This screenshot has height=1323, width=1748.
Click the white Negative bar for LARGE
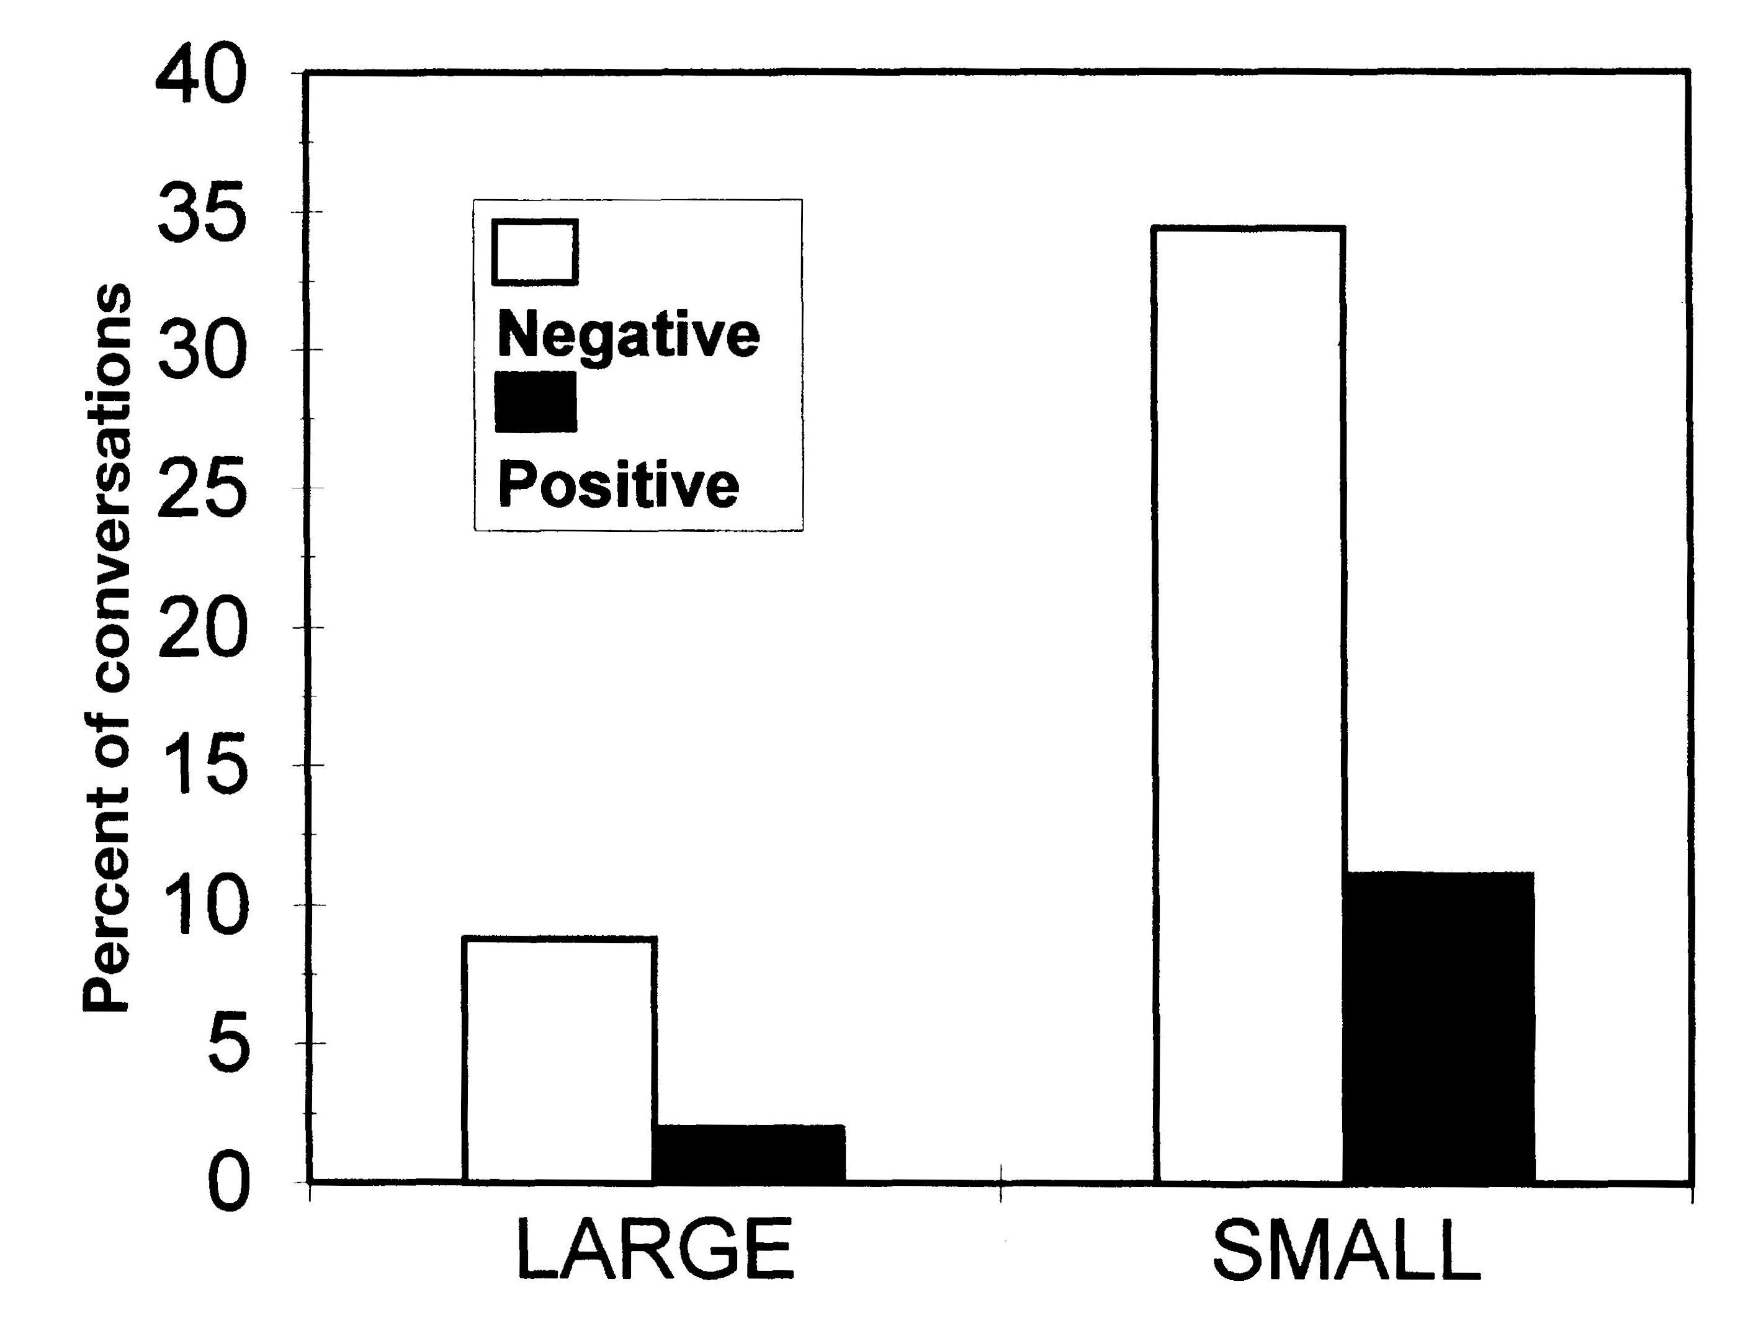(x=560, y=1059)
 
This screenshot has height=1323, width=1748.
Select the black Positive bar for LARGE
(x=748, y=1153)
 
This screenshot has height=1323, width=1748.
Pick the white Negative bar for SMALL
(x=1248, y=704)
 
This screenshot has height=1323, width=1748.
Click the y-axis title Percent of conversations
(x=107, y=648)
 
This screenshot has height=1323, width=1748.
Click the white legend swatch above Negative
(x=535, y=252)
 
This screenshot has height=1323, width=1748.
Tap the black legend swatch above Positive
(x=535, y=402)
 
